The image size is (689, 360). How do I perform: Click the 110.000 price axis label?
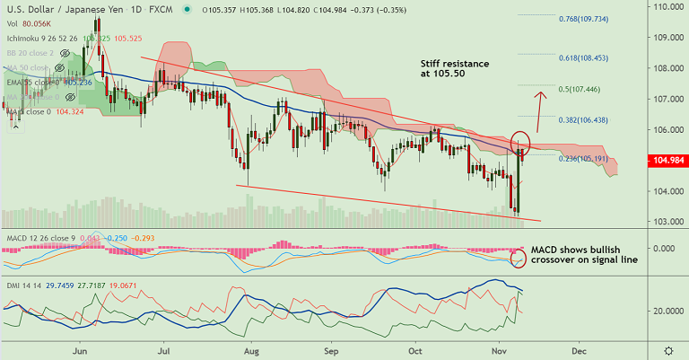666,6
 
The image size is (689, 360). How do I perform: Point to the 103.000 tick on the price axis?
666,222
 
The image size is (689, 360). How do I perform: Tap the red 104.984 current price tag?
666,161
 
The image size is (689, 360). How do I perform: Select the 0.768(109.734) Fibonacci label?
582,19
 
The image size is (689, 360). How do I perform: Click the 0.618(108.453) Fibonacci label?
582,57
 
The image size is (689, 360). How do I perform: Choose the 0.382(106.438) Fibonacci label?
584,120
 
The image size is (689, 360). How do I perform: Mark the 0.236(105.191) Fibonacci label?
582,158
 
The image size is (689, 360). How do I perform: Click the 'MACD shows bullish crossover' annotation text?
584,255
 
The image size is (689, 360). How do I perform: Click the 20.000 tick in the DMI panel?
666,311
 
